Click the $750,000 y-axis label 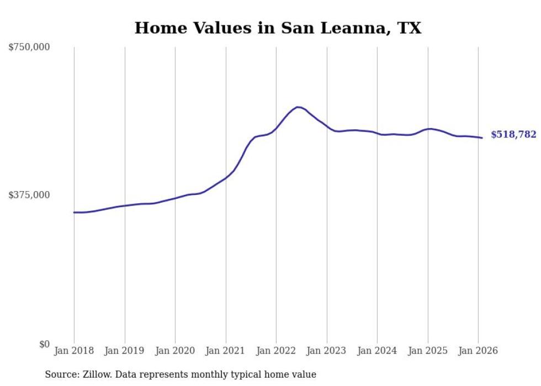(x=29, y=47)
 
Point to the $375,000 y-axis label (x=29, y=195)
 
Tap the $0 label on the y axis (x=44, y=344)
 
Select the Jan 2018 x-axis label (x=74, y=351)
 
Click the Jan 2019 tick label (x=125, y=351)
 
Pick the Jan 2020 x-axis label (x=175, y=351)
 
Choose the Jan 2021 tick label (x=226, y=351)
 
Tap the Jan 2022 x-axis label (x=276, y=351)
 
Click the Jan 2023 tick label (x=327, y=351)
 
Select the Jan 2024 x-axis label (x=377, y=351)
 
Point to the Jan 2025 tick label (x=428, y=351)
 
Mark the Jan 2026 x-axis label (x=478, y=351)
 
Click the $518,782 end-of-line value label (x=513, y=135)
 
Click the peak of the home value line (x=298, y=107)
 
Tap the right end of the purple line (x=482, y=138)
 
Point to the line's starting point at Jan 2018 (x=74, y=212)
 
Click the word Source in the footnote (x=61, y=374)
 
